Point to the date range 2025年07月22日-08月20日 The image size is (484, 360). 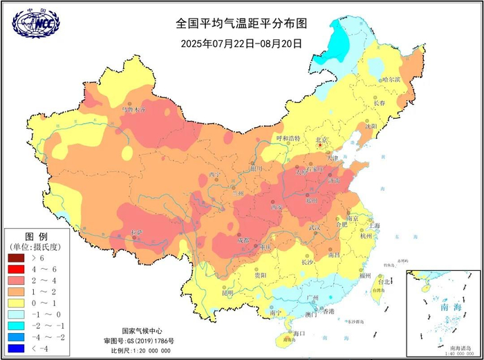click(x=241, y=43)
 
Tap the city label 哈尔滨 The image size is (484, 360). click(x=391, y=80)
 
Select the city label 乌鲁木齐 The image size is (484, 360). click(x=134, y=109)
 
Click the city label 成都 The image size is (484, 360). click(x=243, y=240)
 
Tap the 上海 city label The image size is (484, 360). click(x=374, y=225)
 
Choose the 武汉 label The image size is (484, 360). click(x=315, y=227)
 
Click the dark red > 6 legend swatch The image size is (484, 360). click(x=15, y=258)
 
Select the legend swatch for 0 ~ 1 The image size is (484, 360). click(x=15, y=301)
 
